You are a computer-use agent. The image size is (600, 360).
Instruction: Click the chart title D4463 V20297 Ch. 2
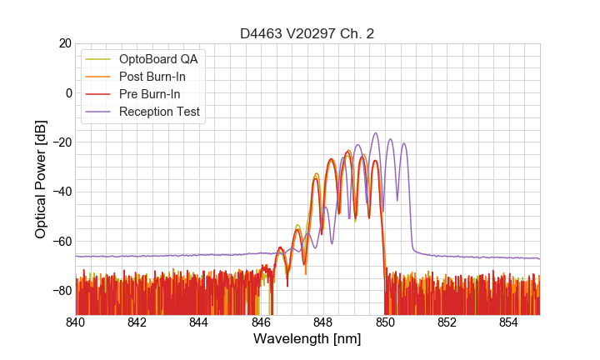[x=307, y=33]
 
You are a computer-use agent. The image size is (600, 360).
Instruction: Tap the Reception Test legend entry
[x=159, y=112]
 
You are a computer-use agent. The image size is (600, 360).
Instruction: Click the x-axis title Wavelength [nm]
[x=307, y=339]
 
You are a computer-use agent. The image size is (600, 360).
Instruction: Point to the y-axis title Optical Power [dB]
[x=41, y=179]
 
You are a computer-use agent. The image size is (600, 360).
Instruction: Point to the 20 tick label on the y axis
[x=64, y=43]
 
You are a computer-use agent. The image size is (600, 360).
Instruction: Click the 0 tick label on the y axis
[x=68, y=92]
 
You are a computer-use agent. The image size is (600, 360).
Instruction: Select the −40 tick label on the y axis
[x=61, y=192]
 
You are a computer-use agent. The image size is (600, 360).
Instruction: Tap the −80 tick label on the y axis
[x=61, y=291]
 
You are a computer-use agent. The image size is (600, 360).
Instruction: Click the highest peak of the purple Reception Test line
[x=375, y=133]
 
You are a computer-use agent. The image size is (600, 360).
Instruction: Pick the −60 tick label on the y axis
[x=61, y=242]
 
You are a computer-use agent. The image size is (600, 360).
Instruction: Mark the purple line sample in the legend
[x=99, y=112]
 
